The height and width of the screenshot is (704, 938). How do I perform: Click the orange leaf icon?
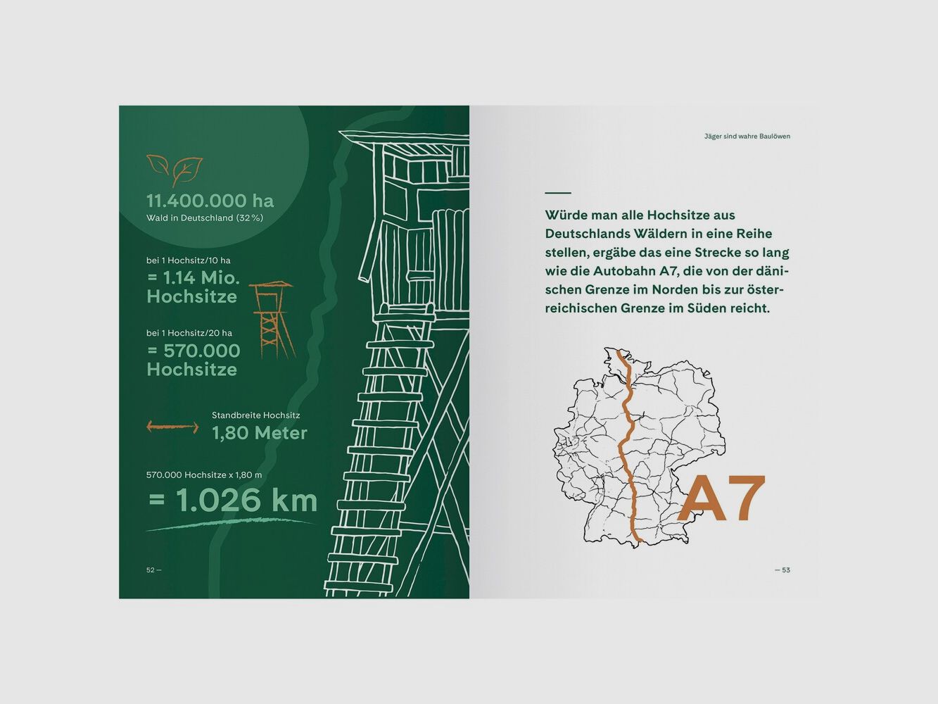click(175, 170)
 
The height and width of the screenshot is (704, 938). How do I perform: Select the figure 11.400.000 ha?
click(210, 201)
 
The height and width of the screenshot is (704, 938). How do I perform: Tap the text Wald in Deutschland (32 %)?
click(205, 218)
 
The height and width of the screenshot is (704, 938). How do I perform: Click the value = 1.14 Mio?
click(193, 278)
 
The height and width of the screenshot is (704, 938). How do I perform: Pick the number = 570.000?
click(193, 351)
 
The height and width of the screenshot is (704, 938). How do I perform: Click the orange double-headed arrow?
click(172, 427)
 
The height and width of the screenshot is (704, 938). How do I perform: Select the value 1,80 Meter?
click(260, 434)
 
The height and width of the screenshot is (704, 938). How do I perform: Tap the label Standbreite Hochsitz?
click(256, 415)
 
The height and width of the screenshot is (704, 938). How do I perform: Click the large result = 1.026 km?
click(233, 500)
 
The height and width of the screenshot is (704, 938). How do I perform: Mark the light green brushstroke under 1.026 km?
click(231, 524)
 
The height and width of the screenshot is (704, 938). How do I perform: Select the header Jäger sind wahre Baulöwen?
click(747, 137)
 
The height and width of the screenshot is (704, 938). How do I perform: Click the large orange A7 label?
click(722, 498)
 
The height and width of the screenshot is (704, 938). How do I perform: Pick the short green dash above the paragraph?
click(558, 193)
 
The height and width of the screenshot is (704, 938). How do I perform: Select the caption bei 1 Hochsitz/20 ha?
click(189, 333)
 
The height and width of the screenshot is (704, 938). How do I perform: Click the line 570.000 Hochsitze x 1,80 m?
click(204, 475)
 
